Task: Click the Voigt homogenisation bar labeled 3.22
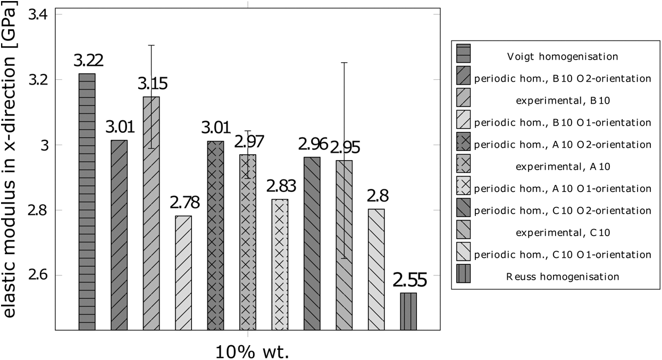(87, 202)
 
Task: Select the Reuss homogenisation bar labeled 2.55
(408, 311)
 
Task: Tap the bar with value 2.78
(183, 273)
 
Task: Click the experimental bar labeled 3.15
(151, 213)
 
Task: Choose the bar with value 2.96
(312, 244)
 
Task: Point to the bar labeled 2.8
(376, 270)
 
